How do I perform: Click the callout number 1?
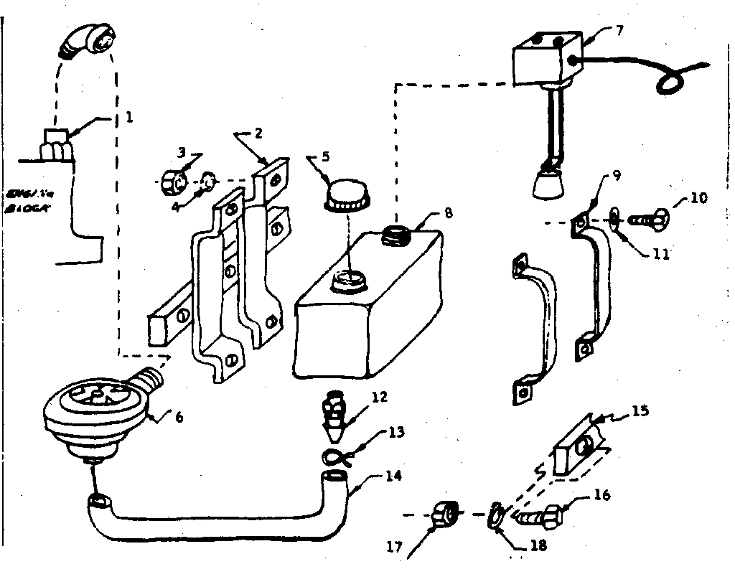point(129,116)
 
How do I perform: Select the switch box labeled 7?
point(547,62)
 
